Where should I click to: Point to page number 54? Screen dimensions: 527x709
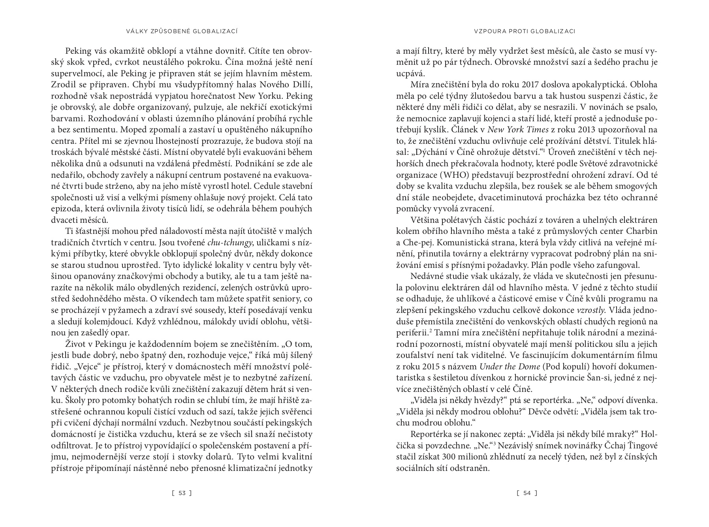[x=527, y=493]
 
